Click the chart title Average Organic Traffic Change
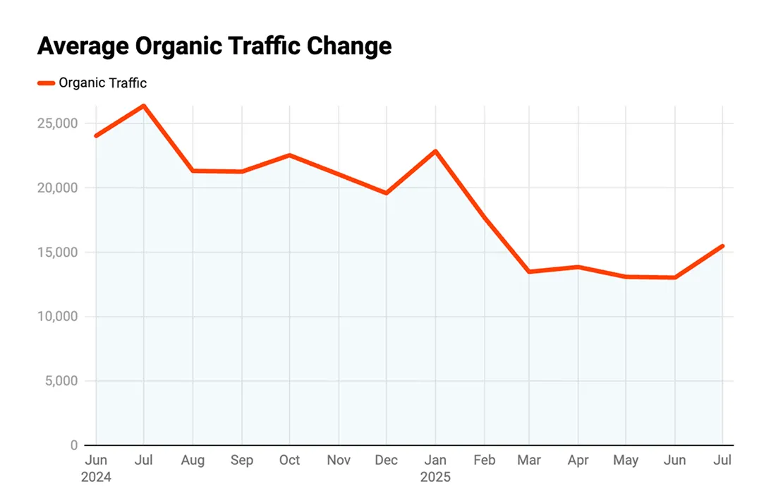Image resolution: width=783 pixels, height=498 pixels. pyautogui.click(x=214, y=47)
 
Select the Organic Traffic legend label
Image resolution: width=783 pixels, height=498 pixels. pyautogui.click(x=102, y=83)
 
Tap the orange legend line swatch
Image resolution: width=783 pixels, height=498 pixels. pyautogui.click(x=47, y=83)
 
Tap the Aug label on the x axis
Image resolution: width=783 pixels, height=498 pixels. pyautogui.click(x=193, y=461)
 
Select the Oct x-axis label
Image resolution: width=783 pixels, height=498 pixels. pyautogui.click(x=289, y=461)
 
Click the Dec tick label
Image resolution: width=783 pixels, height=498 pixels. pyautogui.click(x=386, y=461)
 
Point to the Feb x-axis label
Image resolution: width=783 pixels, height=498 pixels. pyautogui.click(x=484, y=461)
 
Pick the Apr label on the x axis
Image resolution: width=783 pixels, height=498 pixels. pyautogui.click(x=578, y=461)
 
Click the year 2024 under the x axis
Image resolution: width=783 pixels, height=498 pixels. pyautogui.click(x=97, y=478)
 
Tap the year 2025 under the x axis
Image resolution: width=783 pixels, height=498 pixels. pyautogui.click(x=435, y=478)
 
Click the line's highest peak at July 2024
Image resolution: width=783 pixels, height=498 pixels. pyautogui.click(x=144, y=106)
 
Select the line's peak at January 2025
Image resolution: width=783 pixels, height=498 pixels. pyautogui.click(x=436, y=151)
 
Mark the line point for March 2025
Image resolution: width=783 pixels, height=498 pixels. pyautogui.click(x=530, y=272)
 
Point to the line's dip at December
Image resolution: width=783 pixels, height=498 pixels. pyautogui.click(x=387, y=193)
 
